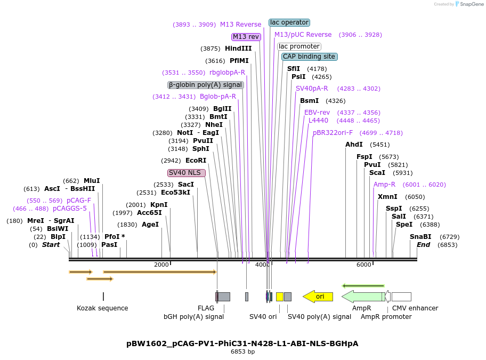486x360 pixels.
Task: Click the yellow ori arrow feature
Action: point(318,297)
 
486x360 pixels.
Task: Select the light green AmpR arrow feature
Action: point(362,297)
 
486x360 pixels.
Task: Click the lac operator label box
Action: point(289,22)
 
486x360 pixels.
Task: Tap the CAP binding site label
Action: point(309,57)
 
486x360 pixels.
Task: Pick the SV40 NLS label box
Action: point(186,173)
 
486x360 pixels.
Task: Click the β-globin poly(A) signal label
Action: point(206,85)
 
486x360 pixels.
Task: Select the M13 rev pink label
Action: point(246,37)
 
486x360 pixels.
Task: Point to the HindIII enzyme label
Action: point(238,49)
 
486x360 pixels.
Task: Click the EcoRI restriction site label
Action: point(196,161)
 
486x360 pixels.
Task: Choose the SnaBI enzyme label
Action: point(420,237)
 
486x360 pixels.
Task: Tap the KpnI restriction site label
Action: point(159,205)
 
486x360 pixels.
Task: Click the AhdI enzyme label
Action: point(354,145)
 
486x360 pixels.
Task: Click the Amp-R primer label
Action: point(384,185)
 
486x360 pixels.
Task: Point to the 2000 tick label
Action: point(161,265)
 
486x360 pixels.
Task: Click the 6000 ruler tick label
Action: point(363,265)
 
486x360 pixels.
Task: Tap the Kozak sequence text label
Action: point(102,308)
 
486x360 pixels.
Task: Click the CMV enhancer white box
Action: point(401,297)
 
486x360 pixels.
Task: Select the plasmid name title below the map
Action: point(242,343)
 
